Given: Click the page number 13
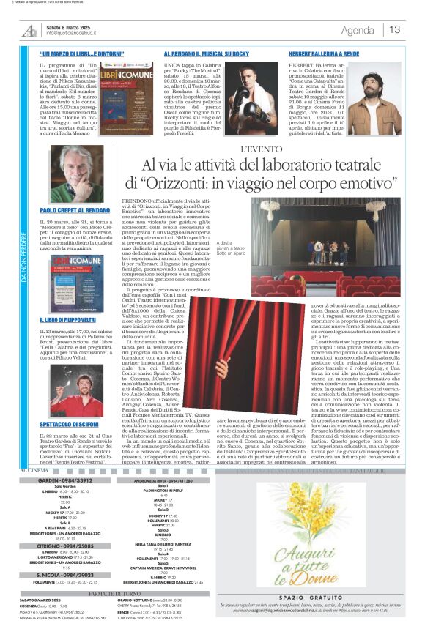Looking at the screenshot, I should click(x=395, y=30).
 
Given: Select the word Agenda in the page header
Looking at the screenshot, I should click(x=358, y=31).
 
